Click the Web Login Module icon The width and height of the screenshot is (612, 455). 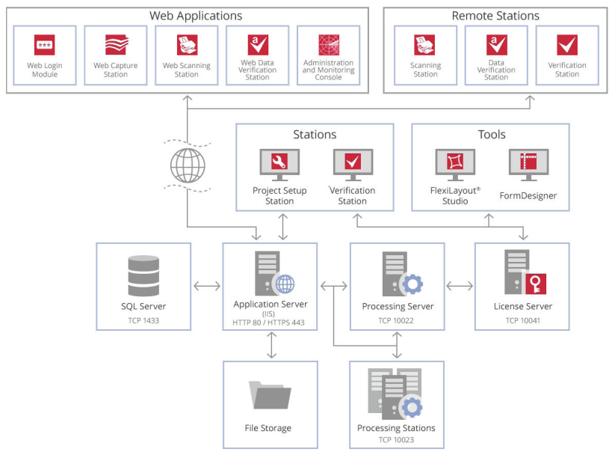(x=45, y=45)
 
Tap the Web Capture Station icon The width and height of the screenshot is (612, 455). (x=116, y=45)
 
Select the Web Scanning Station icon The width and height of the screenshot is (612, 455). (x=187, y=45)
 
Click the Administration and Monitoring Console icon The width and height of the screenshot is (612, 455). (x=329, y=45)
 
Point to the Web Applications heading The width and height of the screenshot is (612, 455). (x=196, y=16)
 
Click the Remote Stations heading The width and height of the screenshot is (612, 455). (x=495, y=16)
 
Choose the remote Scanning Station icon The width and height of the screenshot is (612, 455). (x=425, y=45)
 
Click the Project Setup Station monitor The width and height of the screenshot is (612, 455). (x=279, y=164)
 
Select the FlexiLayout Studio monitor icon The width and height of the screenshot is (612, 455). (x=455, y=164)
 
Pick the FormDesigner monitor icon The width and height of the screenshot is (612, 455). (x=528, y=164)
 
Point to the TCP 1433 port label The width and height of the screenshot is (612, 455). (x=143, y=321)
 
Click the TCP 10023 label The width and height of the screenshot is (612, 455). (x=396, y=439)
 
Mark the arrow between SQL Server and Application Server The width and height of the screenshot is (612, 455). (x=207, y=285)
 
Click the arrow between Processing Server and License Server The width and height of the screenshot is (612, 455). (x=460, y=285)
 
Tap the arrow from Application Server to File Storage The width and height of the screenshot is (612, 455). (x=271, y=345)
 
